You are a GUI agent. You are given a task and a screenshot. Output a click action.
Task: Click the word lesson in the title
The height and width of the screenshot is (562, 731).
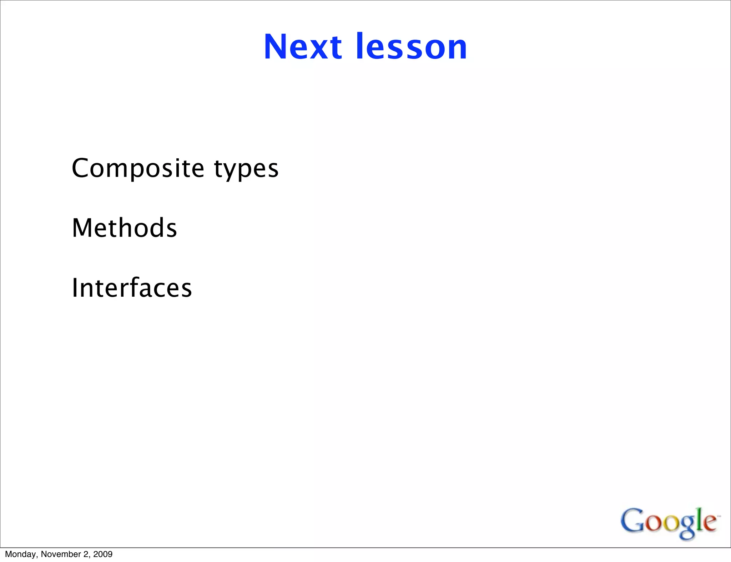(x=411, y=47)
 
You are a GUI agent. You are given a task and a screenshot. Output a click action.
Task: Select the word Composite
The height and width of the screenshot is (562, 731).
(x=138, y=168)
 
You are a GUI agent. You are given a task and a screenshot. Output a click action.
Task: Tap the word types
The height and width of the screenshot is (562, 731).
(x=246, y=169)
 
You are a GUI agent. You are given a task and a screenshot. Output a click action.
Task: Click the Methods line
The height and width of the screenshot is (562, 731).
(x=124, y=228)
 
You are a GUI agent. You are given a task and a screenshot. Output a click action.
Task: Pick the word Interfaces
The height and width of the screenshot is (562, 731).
(x=132, y=288)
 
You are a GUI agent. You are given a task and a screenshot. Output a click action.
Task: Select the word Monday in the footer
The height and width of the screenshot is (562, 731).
(x=20, y=554)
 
